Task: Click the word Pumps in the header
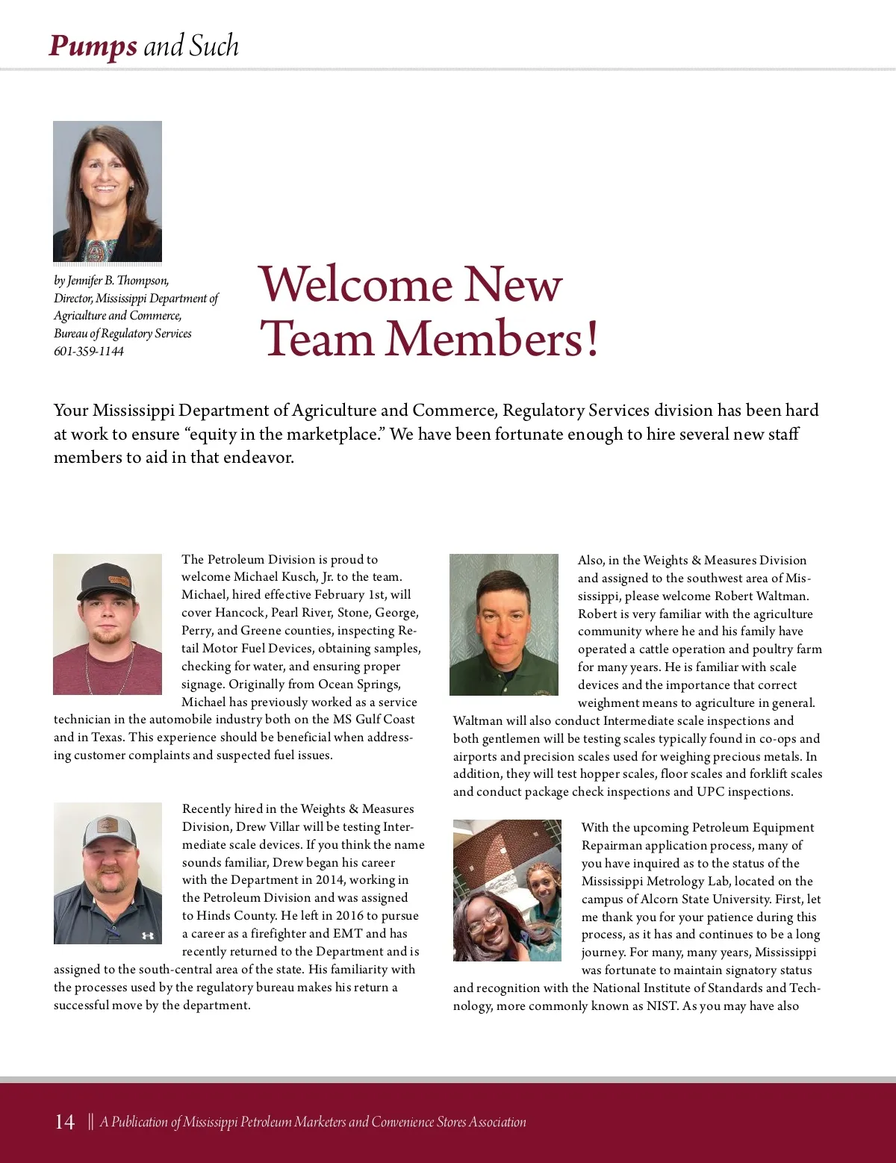[92, 46]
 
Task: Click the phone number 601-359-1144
[89, 352]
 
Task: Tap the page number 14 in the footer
[65, 1122]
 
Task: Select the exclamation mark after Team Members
[592, 340]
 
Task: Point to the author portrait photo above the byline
[108, 191]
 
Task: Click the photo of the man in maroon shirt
[108, 624]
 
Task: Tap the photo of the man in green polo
[504, 624]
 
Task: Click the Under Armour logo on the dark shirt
[147, 935]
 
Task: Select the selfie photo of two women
[507, 890]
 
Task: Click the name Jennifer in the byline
[85, 281]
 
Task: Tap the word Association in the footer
[497, 1122]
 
